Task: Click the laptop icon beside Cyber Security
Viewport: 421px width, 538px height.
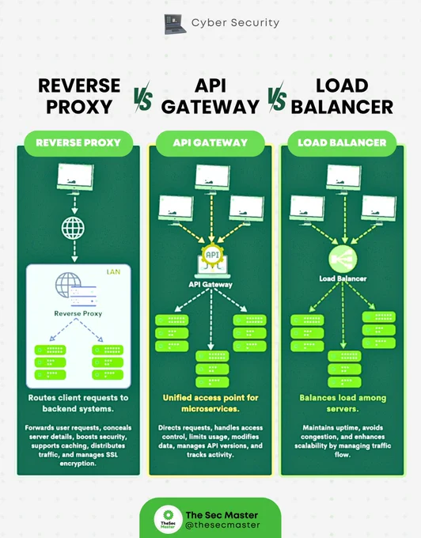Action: [175, 24]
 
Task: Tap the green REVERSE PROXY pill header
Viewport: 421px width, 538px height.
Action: [78, 142]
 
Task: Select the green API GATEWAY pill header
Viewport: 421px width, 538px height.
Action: [210, 142]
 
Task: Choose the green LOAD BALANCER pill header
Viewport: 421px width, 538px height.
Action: [342, 142]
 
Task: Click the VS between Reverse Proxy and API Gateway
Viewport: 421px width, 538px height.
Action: [142, 97]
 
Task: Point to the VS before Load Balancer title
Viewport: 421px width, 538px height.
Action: [276, 97]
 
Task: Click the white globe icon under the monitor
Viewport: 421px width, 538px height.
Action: [73, 228]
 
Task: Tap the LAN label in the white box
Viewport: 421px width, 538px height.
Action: [113, 272]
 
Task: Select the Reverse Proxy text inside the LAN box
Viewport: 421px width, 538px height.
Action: [78, 313]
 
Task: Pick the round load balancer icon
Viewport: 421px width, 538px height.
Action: [343, 259]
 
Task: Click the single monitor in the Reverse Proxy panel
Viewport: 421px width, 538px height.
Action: [75, 179]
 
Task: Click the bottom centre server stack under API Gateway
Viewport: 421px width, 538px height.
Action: [212, 369]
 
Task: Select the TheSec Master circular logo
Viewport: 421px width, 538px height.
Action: [168, 520]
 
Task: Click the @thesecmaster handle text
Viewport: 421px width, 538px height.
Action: [222, 525]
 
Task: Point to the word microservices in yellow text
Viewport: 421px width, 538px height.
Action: [210, 409]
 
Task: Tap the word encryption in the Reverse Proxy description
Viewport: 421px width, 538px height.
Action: [78, 464]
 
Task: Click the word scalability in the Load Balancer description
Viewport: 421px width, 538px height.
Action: [311, 445]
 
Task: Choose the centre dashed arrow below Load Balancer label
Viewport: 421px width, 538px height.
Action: [343, 315]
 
